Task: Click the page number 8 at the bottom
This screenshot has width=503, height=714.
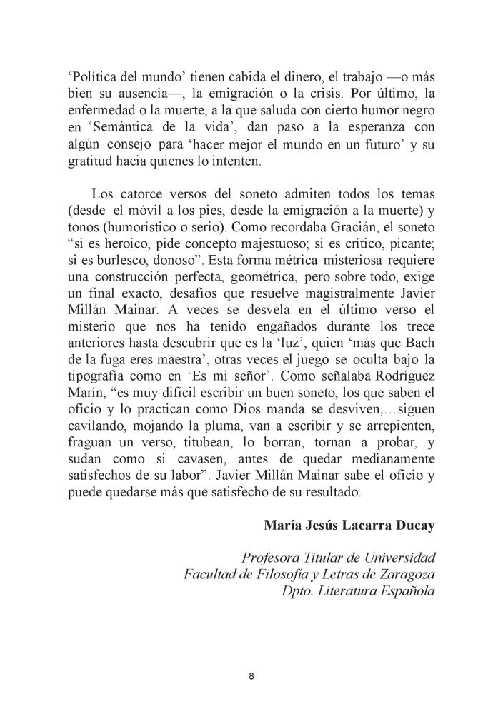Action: tap(251, 676)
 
